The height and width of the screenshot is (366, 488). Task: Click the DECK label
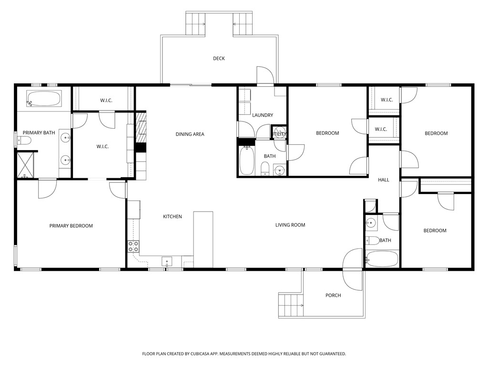click(x=219, y=59)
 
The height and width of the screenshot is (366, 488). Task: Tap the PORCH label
click(x=333, y=295)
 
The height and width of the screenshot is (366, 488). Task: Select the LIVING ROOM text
click(x=290, y=225)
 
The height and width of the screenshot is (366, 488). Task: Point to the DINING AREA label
click(x=190, y=134)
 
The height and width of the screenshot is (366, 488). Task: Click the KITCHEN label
click(x=173, y=217)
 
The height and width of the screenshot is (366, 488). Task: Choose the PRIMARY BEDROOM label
click(x=71, y=226)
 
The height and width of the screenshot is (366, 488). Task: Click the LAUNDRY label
click(x=263, y=115)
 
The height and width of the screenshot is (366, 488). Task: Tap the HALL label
click(x=384, y=180)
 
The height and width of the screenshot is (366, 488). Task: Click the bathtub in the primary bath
click(x=44, y=99)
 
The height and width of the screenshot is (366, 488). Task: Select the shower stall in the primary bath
click(x=27, y=164)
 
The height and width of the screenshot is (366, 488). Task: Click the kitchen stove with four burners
click(x=133, y=246)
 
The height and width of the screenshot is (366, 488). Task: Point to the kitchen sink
click(x=167, y=261)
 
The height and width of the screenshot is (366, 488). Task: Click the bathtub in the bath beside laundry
click(x=246, y=161)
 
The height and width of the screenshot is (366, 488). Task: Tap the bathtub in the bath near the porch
click(x=382, y=259)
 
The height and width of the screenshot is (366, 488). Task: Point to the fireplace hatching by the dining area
click(x=141, y=127)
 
